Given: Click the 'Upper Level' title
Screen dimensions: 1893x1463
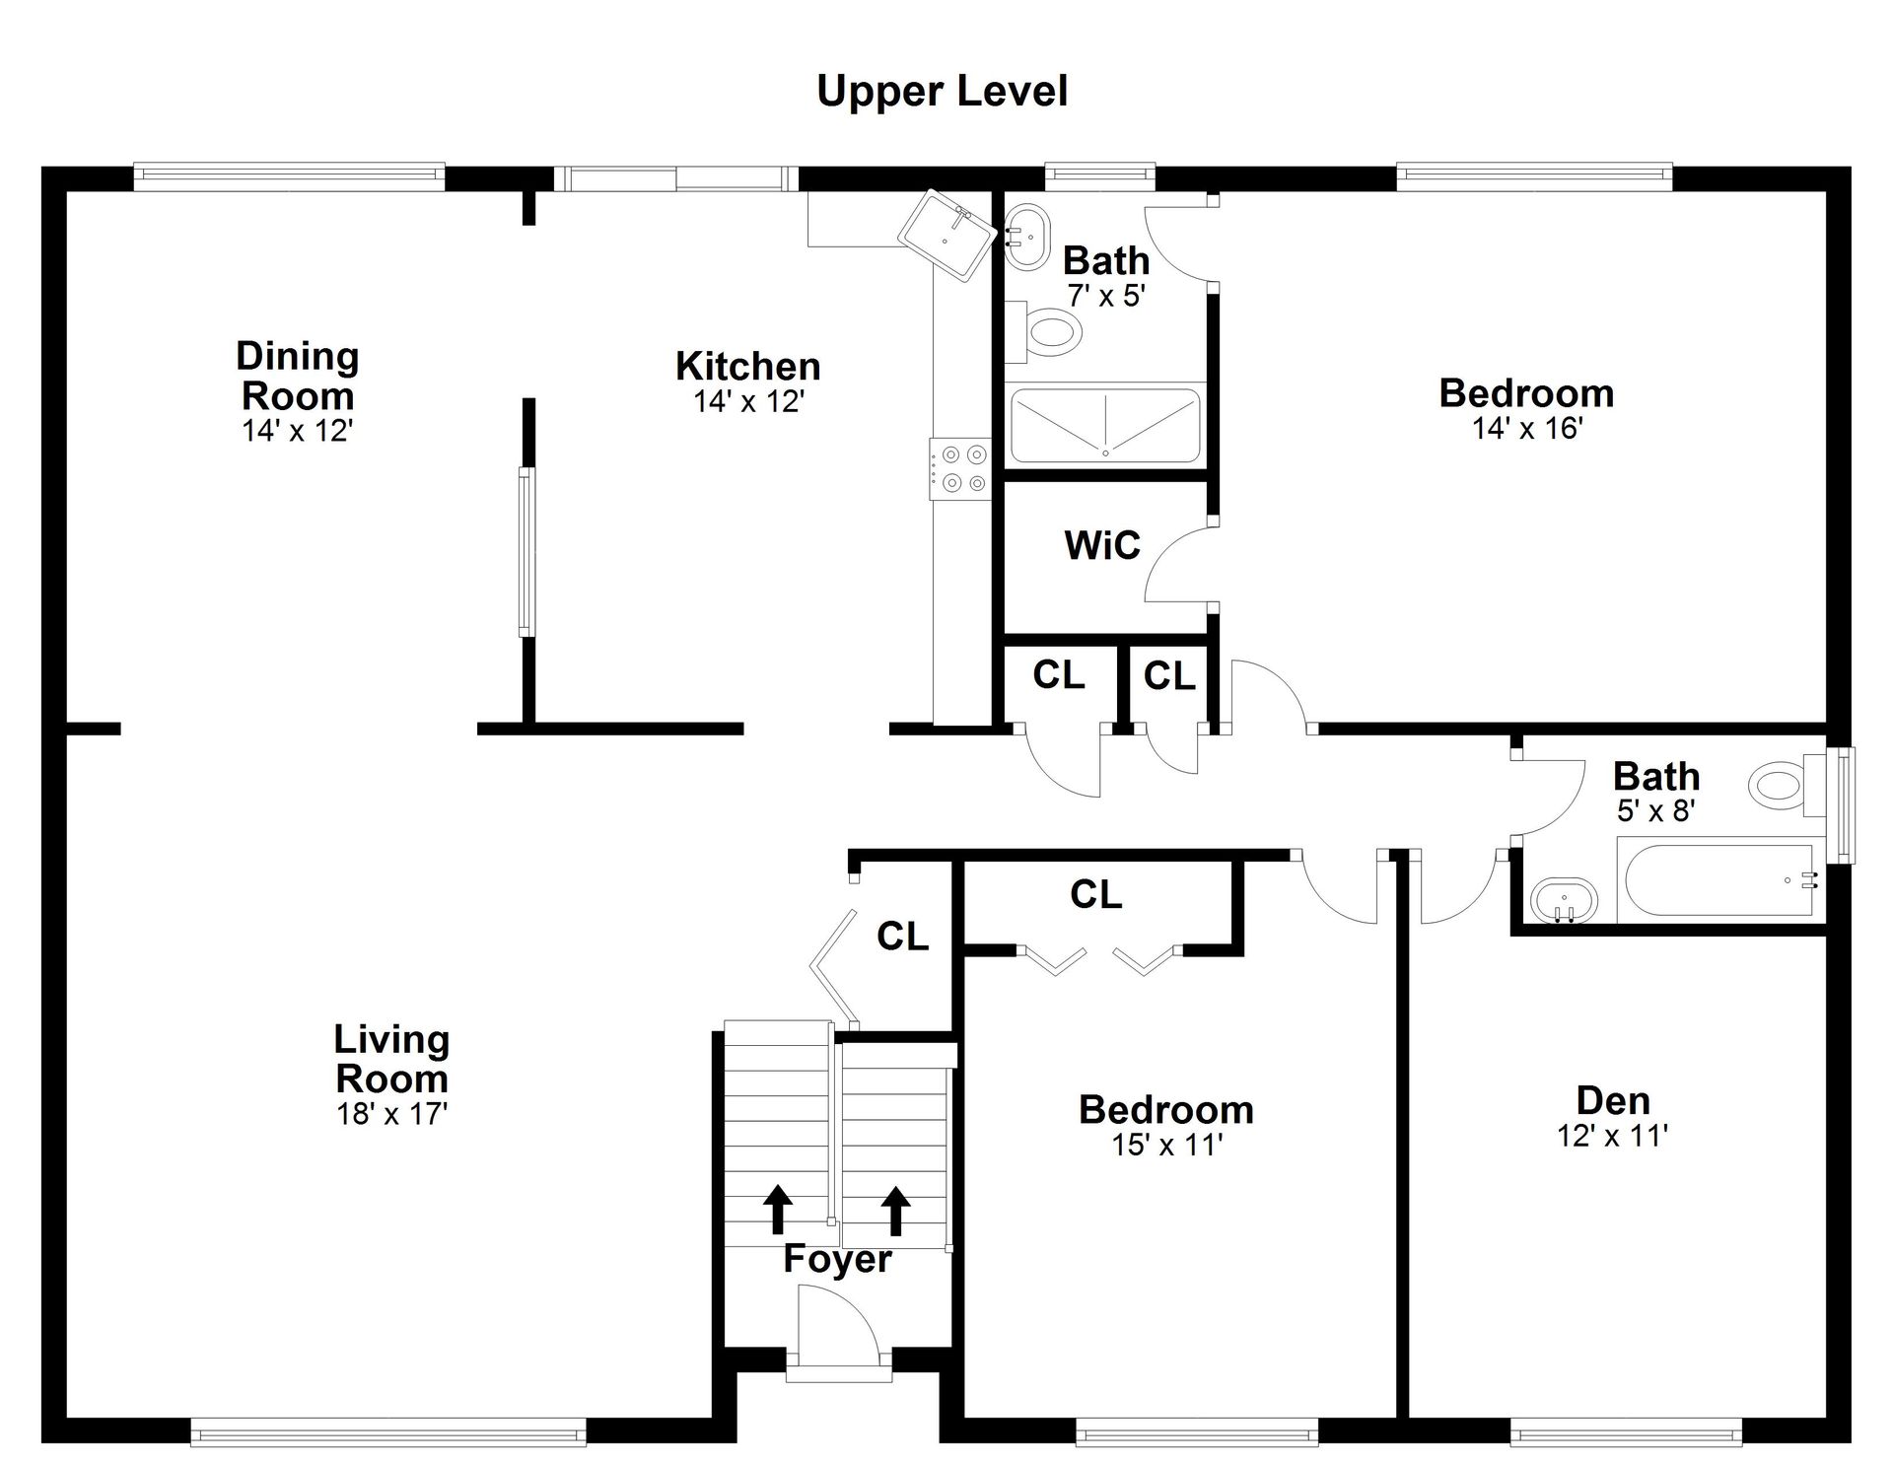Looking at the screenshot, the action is tap(942, 92).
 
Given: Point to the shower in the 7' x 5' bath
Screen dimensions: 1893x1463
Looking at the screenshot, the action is tap(1105, 424).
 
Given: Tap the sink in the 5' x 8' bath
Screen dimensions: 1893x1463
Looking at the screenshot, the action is tap(1564, 900).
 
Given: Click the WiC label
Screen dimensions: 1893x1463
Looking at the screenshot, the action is tap(1101, 545).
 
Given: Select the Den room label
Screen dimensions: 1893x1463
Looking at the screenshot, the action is tap(1613, 1100).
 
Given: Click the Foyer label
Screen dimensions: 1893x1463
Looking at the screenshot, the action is tap(837, 1259).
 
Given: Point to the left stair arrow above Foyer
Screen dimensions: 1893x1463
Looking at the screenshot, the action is tap(778, 1209).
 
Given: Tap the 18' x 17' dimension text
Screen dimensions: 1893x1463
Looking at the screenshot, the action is tap(392, 1114).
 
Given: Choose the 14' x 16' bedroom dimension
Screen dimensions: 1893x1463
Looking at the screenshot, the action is tap(1527, 428).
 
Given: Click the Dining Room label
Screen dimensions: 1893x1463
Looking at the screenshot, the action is tap(298, 376).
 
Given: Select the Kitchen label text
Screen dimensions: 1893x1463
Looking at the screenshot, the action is tap(748, 367).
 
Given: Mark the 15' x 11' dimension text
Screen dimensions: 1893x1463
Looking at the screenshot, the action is tap(1167, 1145).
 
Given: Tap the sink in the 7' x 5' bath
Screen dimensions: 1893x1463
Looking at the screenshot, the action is tap(1028, 236).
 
